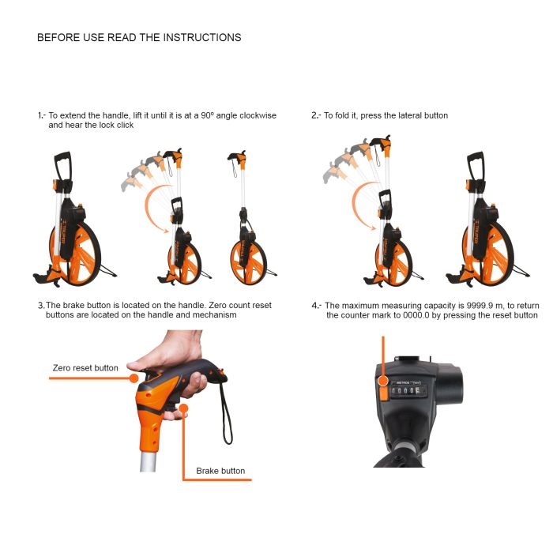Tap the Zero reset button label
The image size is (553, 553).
(x=85, y=368)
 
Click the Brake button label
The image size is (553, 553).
(x=220, y=471)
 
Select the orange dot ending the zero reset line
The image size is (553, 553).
(x=134, y=378)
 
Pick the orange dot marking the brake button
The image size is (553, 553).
(x=183, y=408)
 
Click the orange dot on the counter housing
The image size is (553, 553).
(x=383, y=381)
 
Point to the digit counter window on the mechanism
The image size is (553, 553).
(x=408, y=391)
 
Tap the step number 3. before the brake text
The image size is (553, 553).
(x=41, y=306)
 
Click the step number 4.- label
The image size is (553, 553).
(x=316, y=306)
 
